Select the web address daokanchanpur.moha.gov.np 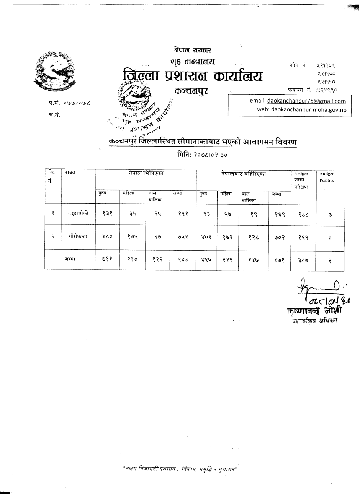(308, 109)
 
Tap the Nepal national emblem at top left (55, 72)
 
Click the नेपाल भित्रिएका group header (146, 173)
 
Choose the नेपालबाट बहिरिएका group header (243, 173)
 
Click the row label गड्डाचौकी (79, 214)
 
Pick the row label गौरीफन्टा (78, 236)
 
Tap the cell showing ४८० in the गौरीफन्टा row (107, 237)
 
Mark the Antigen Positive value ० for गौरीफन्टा (330, 237)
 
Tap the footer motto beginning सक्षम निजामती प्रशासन (180, 469)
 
